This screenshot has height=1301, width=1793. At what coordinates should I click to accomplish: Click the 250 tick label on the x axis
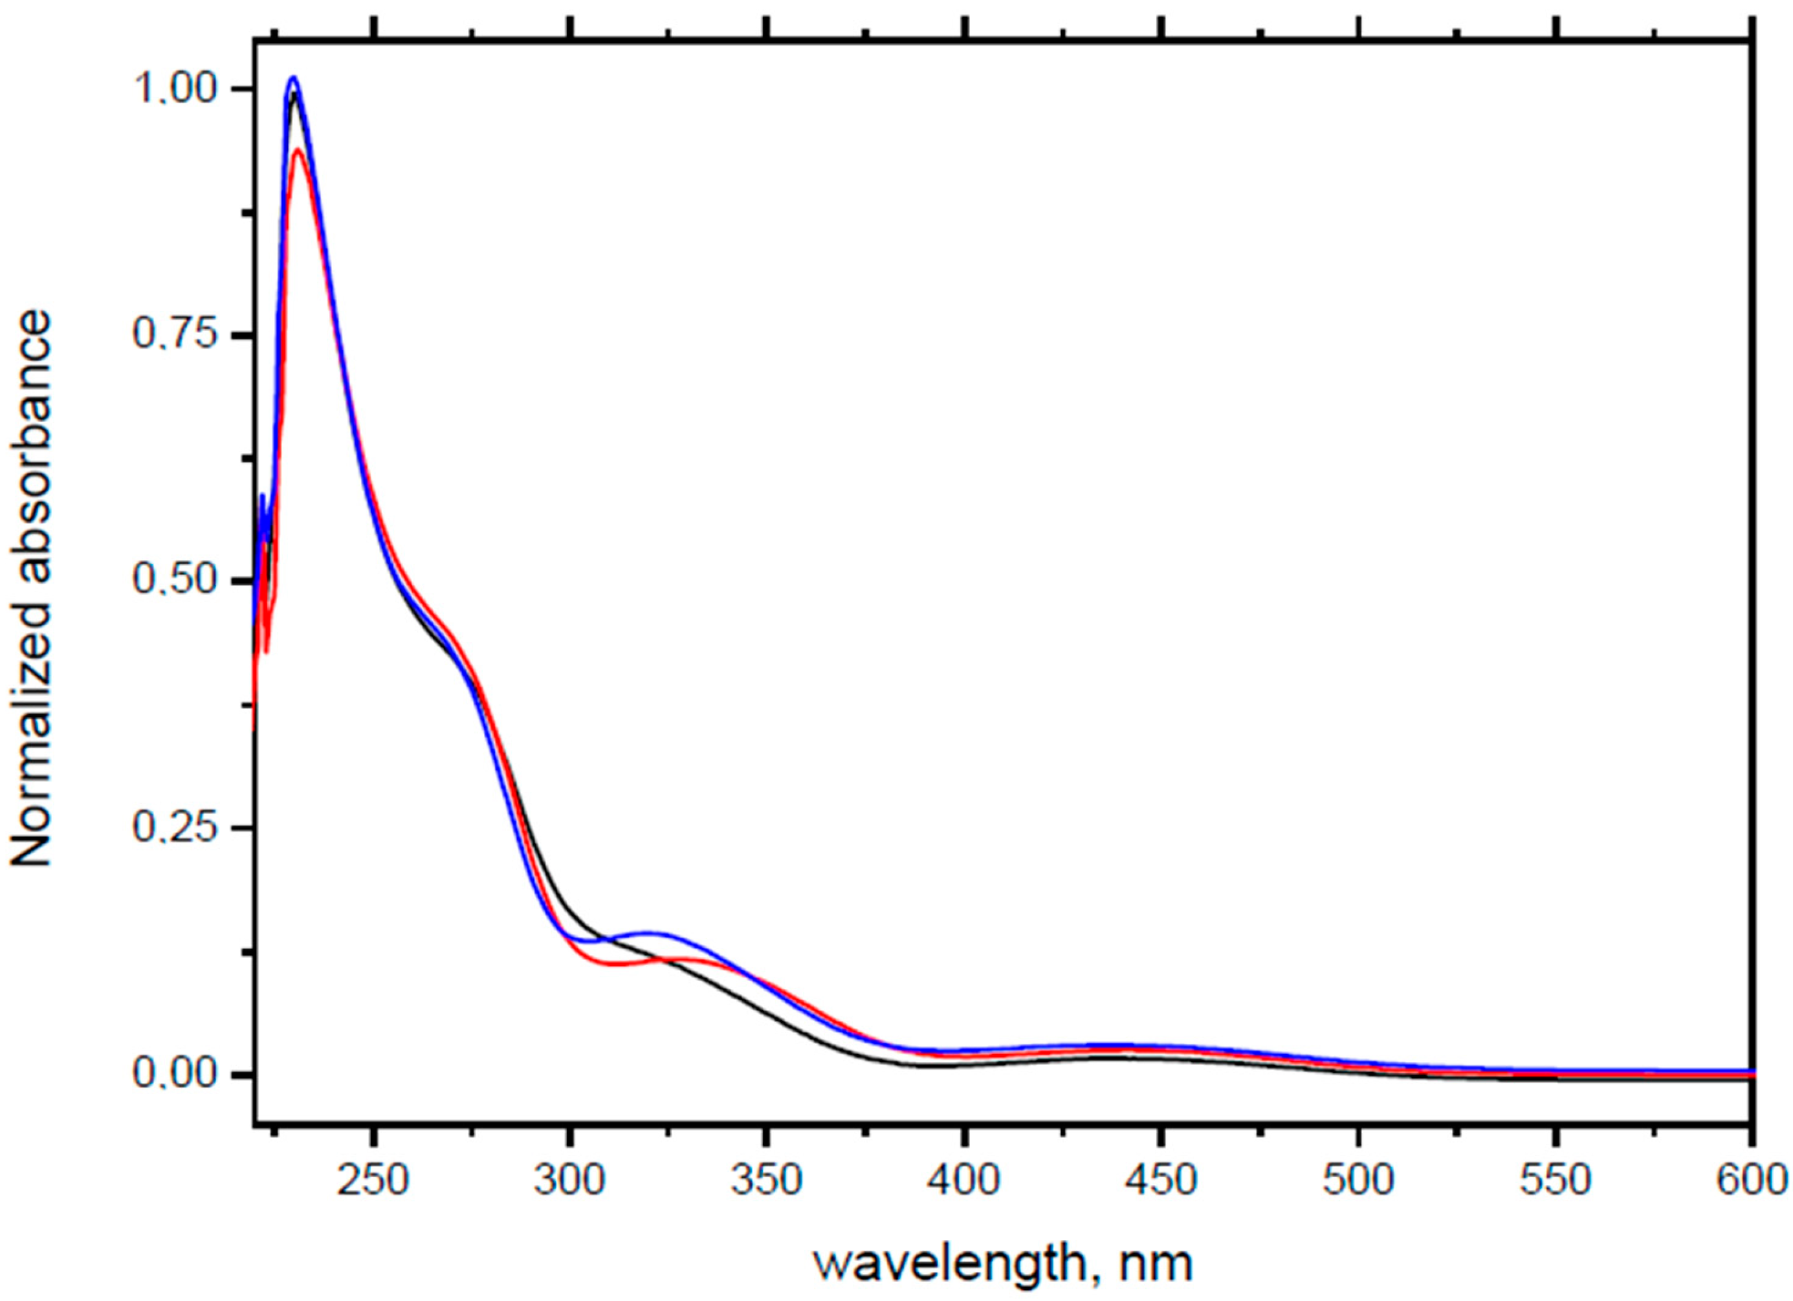[373, 1180]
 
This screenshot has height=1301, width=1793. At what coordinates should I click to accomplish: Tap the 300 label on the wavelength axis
[570, 1180]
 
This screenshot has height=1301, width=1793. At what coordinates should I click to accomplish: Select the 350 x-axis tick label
[767, 1180]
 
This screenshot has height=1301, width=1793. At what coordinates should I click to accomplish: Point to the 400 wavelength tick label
[963, 1180]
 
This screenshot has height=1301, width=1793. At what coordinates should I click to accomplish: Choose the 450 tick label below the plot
[1161, 1180]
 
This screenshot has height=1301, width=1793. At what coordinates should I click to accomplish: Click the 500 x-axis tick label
[1358, 1180]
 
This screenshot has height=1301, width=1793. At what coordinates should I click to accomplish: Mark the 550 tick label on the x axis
[1555, 1180]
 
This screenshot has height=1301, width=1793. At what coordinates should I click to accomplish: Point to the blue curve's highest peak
[293, 78]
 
